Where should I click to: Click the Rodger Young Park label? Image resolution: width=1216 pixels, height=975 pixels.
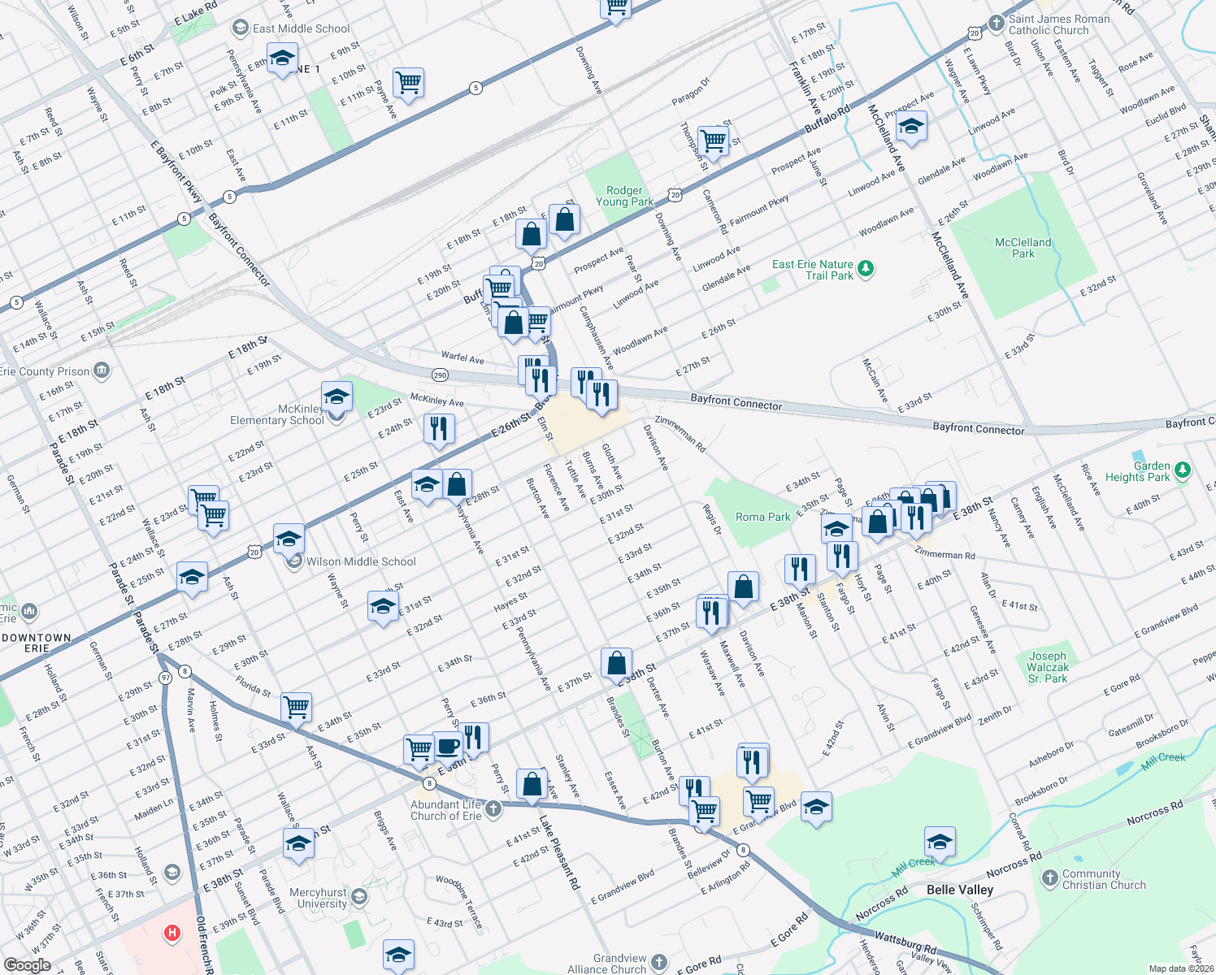tap(624, 196)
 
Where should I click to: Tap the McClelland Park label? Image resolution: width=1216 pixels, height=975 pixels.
tap(1023, 248)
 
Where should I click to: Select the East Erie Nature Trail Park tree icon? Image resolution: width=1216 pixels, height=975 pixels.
tap(866, 269)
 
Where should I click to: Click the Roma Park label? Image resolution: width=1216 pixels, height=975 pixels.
tap(762, 517)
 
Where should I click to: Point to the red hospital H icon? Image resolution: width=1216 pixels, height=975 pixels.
tap(172, 934)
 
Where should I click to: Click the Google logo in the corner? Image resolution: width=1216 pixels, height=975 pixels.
tap(27, 965)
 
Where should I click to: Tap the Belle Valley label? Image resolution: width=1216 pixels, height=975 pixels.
tap(960, 890)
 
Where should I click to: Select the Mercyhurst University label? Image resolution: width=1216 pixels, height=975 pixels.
tap(322, 898)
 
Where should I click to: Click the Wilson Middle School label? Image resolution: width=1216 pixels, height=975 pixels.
tap(361, 561)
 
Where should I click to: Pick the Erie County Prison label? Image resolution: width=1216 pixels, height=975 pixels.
tap(45, 371)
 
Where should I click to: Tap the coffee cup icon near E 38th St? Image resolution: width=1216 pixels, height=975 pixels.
tap(447, 744)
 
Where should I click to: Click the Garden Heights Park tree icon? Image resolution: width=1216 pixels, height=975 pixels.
tap(1183, 470)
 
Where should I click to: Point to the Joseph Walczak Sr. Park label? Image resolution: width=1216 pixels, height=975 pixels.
tap(1048, 667)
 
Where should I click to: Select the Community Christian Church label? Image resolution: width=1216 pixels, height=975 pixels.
tap(1104, 879)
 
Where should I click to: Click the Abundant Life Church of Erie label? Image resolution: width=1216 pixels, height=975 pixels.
tap(445, 810)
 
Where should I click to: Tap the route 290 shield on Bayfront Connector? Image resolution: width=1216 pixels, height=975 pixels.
tap(440, 375)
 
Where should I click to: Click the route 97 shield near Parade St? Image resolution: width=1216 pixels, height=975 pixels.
tap(166, 678)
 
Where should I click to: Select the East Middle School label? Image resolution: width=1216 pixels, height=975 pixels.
tap(301, 28)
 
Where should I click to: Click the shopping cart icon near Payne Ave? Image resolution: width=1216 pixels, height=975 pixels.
tap(408, 81)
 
